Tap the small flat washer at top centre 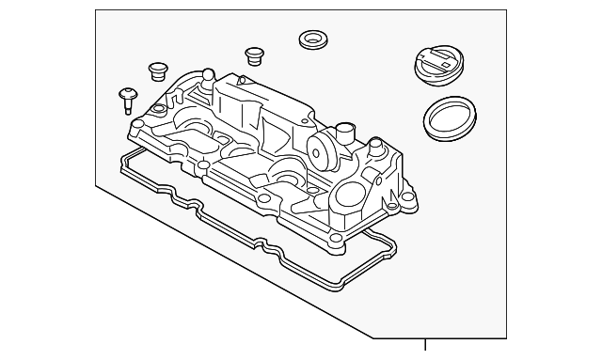[x=311, y=39]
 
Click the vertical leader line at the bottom [x=425, y=349]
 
